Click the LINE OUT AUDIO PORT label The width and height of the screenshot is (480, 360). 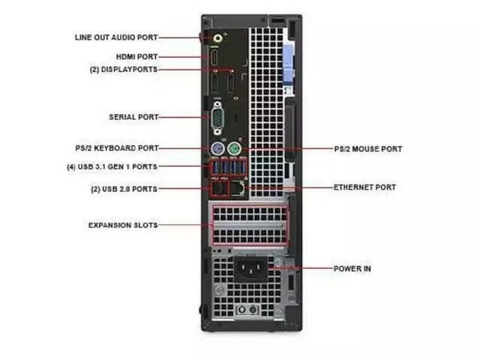(116, 36)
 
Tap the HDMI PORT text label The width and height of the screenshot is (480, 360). (136, 56)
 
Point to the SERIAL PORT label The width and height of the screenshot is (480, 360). (133, 117)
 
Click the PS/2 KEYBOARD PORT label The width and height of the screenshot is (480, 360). (116, 148)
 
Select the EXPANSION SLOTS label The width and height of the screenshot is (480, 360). (123, 225)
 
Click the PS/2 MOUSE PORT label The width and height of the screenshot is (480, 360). (367, 149)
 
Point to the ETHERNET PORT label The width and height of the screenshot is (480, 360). (364, 187)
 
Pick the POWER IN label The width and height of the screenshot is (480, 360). (352, 268)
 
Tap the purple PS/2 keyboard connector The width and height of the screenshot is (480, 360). (217, 148)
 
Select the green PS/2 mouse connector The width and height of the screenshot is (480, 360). (234, 148)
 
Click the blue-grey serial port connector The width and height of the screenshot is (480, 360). (217, 117)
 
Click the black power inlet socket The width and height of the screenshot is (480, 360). (252, 268)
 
